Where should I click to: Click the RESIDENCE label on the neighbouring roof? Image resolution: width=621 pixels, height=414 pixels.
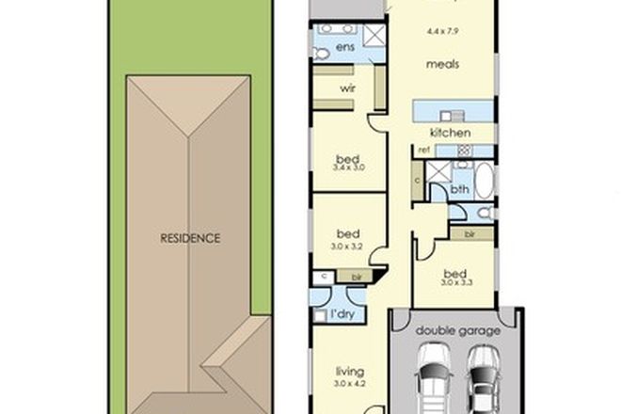pos(189,238)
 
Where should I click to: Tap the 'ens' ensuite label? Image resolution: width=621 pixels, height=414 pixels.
pos(344,46)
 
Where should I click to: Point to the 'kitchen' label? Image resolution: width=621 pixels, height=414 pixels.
pos(449,133)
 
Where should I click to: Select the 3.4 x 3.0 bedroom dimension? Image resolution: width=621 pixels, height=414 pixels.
pos(347,167)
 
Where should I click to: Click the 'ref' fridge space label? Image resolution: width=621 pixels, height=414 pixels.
pos(424,150)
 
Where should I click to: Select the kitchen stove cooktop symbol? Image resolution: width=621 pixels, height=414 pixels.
pos(465,150)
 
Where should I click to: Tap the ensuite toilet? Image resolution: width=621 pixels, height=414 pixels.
pos(320,55)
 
